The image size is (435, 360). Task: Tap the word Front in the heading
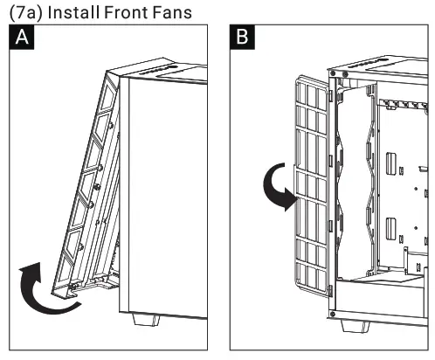(138, 11)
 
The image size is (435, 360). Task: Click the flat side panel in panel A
(162, 192)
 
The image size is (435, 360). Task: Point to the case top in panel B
(384, 70)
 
